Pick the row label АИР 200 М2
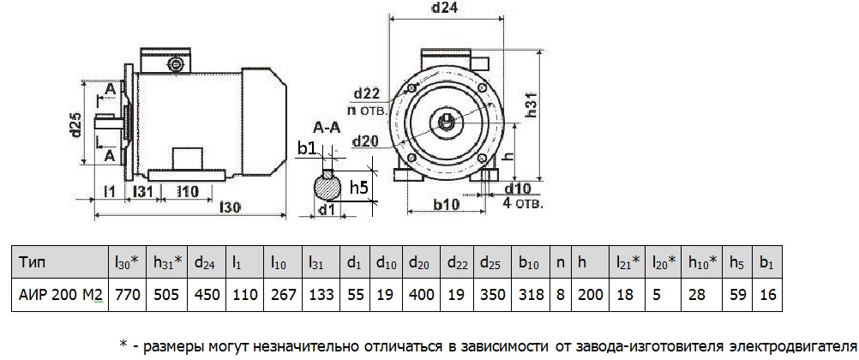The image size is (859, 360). coord(60,295)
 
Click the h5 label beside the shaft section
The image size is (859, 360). coord(361,187)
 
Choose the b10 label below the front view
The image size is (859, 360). coord(446,206)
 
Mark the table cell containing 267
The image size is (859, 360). coord(282,295)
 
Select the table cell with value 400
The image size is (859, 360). coord(419,295)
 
